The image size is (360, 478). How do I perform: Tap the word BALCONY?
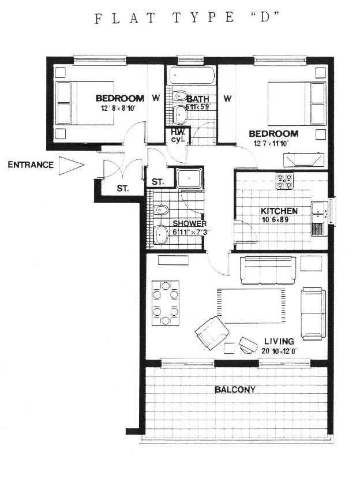point(235,389)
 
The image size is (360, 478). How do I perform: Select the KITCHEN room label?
point(279,211)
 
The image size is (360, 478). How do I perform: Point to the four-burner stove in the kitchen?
point(284,181)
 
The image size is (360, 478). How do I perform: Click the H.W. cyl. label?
point(176,136)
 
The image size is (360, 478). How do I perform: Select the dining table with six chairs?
point(166,303)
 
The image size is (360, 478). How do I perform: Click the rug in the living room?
point(252,306)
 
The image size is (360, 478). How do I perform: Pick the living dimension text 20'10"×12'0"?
point(279,350)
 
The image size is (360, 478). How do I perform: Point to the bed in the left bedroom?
point(85,103)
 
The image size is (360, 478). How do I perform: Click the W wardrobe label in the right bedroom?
point(227,98)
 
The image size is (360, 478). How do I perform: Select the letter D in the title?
point(265,17)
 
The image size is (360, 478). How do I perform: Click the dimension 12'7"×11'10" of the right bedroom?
point(271,143)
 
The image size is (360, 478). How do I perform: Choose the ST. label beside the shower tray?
point(157,182)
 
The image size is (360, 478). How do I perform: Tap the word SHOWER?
point(189,223)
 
